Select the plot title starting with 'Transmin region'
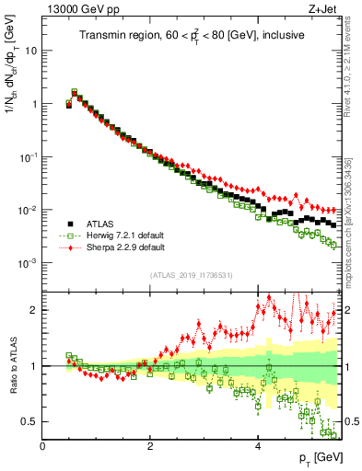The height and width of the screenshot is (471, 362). coord(192,36)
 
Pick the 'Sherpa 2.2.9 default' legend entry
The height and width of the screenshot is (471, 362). coord(134,247)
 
